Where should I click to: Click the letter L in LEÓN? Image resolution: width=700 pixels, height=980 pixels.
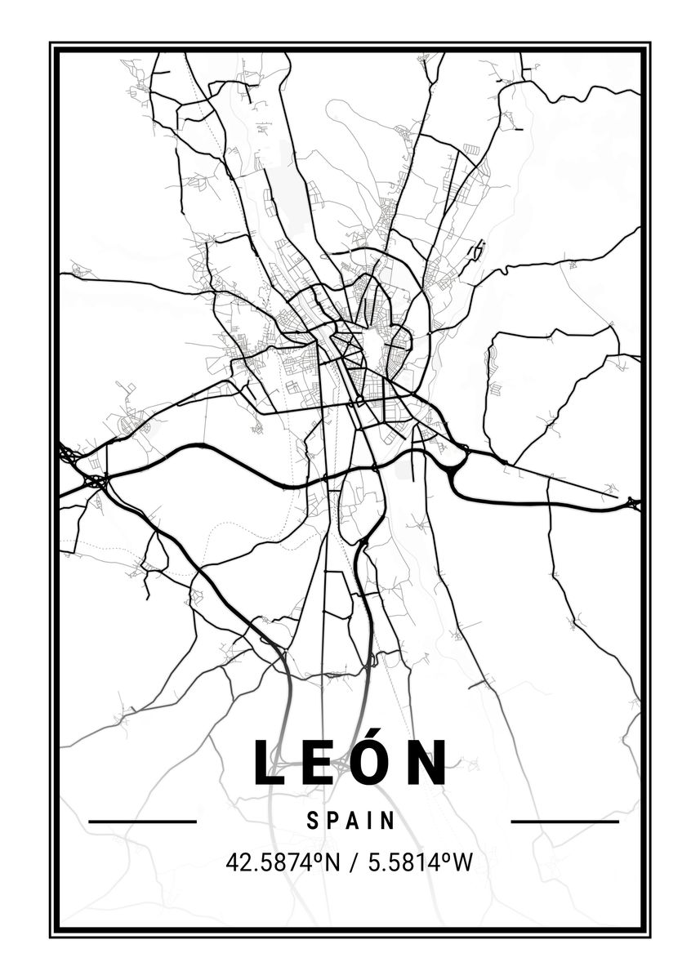point(268,764)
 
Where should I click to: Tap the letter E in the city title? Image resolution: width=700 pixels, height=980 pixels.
point(318,764)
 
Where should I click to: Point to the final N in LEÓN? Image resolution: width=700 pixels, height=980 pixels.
point(428,764)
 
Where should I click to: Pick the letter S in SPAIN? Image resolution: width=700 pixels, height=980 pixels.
point(313,821)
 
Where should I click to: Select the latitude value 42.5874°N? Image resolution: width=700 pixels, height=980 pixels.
point(283,862)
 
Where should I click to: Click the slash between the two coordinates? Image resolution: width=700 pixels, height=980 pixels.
point(354,862)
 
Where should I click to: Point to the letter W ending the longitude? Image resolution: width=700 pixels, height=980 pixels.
point(463,862)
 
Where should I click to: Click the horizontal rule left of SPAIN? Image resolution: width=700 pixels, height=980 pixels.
point(142,822)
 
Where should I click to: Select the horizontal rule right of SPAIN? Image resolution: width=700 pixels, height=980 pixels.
point(564,822)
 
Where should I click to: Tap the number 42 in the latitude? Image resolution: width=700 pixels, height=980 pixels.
point(238,862)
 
